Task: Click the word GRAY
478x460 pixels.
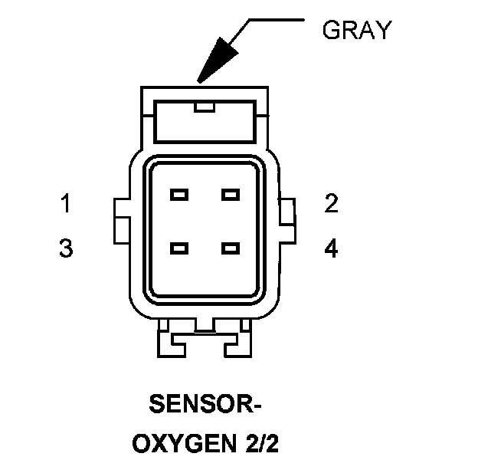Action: coord(356,30)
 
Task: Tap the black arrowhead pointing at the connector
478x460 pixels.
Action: coord(215,60)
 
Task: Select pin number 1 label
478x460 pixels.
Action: coord(67,204)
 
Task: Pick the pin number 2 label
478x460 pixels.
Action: coord(331,204)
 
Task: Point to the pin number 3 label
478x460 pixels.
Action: coord(67,249)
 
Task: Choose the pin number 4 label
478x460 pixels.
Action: coord(331,249)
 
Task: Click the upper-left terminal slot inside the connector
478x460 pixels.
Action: coord(180,194)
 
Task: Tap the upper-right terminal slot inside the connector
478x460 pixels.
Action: coord(231,194)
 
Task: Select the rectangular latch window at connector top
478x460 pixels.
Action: coord(205,123)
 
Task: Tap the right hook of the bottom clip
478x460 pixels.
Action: coord(236,341)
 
